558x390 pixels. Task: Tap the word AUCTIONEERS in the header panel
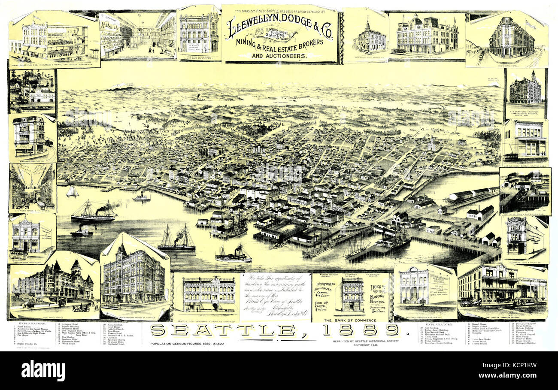click(279, 56)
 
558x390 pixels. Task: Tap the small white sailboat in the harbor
click(72, 191)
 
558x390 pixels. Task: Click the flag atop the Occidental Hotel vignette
click(531, 24)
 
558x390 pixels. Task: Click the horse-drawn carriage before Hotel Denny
click(81, 307)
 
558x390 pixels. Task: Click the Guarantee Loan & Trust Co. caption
click(525, 259)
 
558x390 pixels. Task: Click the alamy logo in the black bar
click(43, 370)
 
